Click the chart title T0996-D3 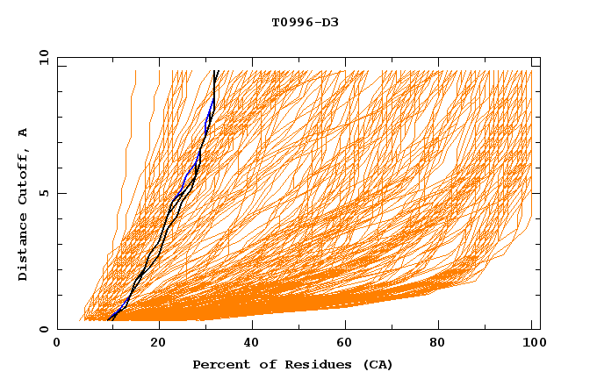pos(305,22)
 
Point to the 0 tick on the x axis pos(57,346)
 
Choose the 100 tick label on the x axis pos(531,346)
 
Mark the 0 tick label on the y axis pos(43,330)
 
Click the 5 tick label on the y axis pos(43,193)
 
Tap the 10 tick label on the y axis pos(41,57)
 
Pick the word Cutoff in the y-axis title pos(23,179)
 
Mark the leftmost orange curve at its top pos(135,72)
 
